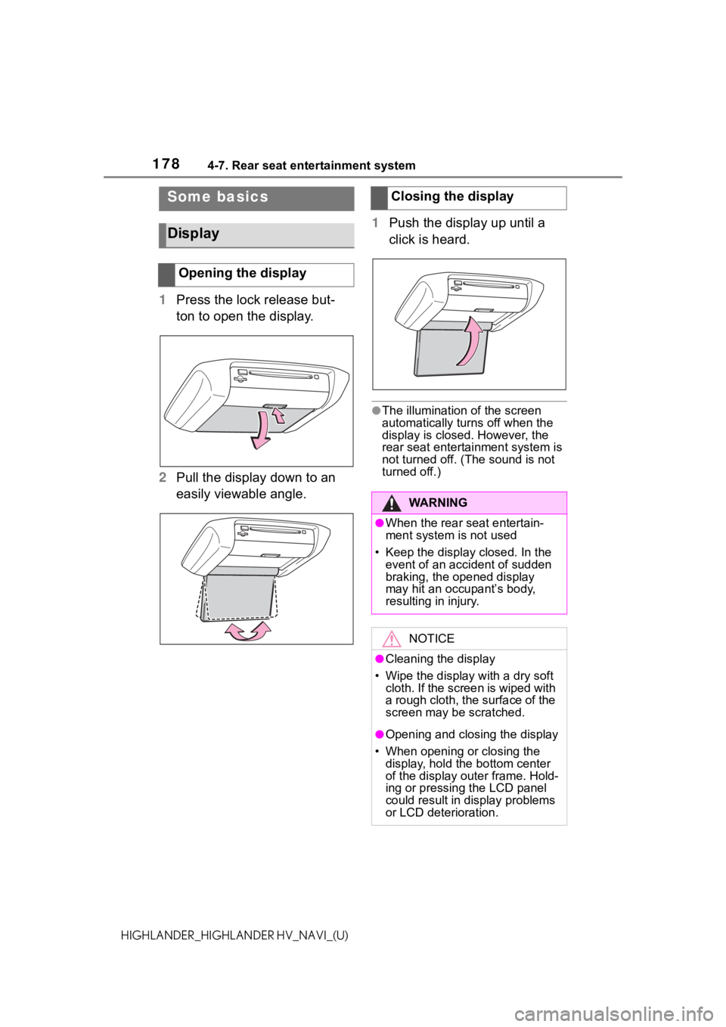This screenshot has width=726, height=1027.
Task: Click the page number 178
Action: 166,163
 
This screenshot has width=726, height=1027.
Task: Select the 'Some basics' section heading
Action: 218,197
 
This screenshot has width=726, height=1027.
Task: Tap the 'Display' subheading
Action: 194,234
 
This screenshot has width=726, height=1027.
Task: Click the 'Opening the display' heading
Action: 243,273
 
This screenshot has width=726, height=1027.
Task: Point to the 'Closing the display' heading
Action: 452,196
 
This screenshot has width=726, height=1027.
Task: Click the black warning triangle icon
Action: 392,504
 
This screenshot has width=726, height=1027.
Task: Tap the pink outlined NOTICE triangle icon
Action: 392,639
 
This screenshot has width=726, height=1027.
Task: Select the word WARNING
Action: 438,503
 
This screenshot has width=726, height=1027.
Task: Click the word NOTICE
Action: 432,639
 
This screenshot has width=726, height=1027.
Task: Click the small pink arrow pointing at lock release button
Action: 278,415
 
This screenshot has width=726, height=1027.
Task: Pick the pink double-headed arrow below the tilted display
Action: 247,631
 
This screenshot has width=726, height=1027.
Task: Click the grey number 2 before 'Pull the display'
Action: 163,478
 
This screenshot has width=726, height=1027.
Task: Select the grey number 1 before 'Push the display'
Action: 375,223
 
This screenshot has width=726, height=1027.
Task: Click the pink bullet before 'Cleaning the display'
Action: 380,659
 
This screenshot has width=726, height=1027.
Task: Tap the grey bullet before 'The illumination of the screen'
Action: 377,411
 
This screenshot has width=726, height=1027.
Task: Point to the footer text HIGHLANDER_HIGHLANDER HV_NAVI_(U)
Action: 234,935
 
